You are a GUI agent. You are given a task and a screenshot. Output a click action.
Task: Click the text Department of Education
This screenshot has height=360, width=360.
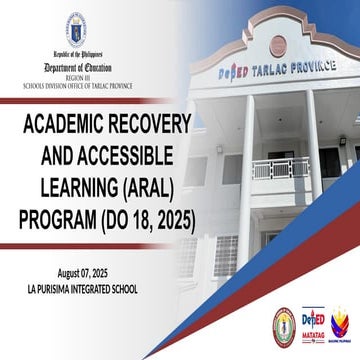point(77,58)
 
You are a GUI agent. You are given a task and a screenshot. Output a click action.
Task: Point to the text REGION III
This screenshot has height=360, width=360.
point(77,66)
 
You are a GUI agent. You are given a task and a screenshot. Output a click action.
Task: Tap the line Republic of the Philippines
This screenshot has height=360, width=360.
point(77,49)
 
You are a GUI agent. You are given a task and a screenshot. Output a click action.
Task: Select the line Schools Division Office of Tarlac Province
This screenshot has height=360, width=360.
point(77,73)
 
